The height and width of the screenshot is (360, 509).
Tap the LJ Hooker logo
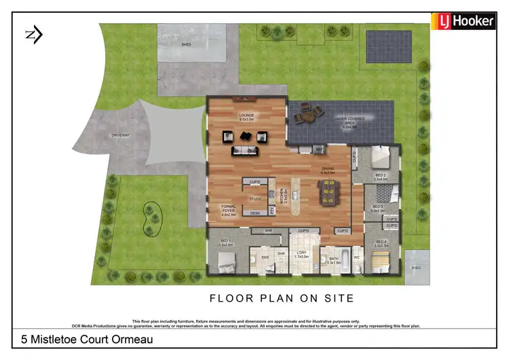[466, 21]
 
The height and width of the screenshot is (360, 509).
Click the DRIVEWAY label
[120, 136]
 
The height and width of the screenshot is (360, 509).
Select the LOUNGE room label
[246, 116]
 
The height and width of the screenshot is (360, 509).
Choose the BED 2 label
[380, 176]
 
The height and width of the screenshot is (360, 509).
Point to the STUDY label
[255, 198]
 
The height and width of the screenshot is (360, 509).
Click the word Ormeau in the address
[130, 339]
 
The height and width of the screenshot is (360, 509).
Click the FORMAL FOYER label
[229, 211]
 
